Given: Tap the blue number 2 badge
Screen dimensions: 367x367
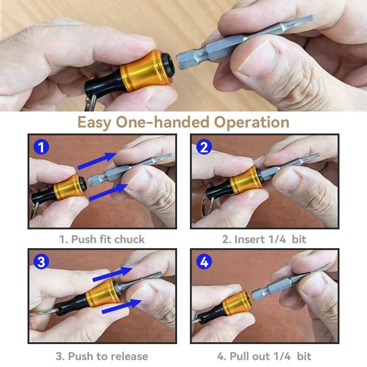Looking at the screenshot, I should (204, 148).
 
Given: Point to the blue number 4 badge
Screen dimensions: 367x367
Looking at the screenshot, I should (204, 262).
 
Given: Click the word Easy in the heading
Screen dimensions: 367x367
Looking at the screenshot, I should (95, 122).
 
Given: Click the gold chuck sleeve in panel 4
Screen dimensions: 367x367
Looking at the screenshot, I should (235, 306).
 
